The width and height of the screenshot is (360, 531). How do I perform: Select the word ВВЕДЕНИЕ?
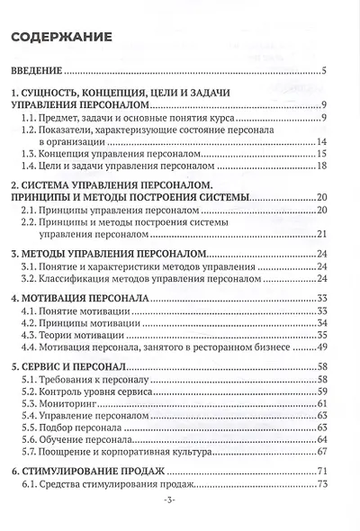click(x=36, y=71)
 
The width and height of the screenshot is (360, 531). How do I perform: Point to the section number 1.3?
click(x=31, y=156)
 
